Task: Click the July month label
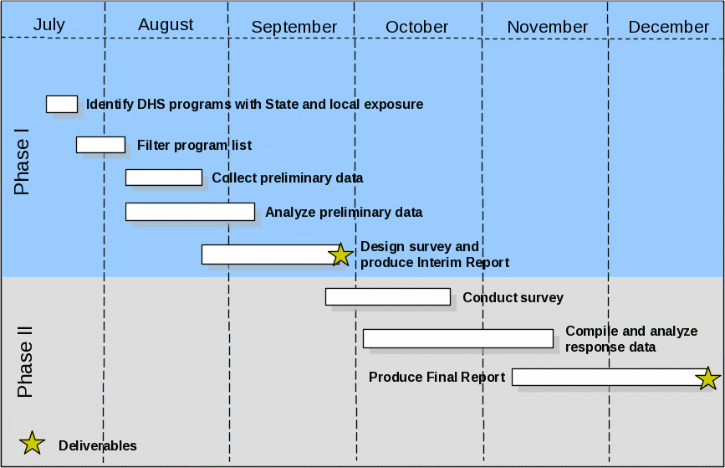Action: [49, 24]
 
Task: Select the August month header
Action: [166, 24]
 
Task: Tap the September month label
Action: [294, 27]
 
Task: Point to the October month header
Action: [416, 27]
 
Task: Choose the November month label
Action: [547, 27]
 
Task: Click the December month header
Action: [668, 27]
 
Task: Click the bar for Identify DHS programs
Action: [62, 104]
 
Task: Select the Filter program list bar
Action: [100, 145]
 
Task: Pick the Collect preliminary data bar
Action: [164, 177]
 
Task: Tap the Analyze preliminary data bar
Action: [190, 212]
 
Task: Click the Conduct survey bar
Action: [388, 296]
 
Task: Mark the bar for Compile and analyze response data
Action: [458, 338]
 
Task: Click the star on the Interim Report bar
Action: [340, 255]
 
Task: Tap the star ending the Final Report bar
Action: [708, 378]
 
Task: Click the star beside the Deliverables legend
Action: [32, 444]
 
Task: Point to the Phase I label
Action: [22, 162]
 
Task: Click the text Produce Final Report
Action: [437, 377]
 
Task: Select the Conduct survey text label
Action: [513, 297]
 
